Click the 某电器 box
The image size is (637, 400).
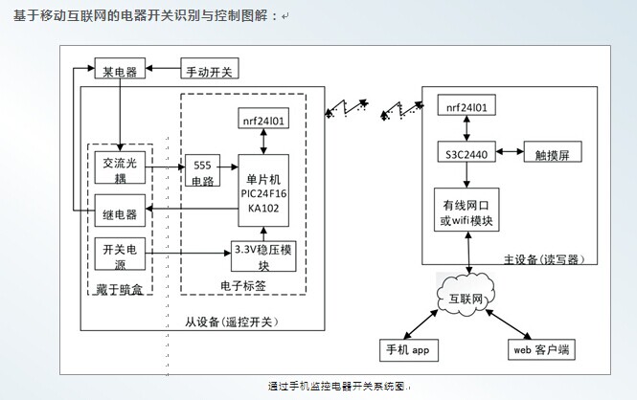pos(117,70)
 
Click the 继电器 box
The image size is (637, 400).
pos(120,212)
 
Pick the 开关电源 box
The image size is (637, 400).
pos(120,256)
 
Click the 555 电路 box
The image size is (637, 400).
pos(201,169)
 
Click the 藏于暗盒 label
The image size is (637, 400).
pos(120,289)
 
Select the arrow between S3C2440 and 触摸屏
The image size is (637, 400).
pos(507,153)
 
